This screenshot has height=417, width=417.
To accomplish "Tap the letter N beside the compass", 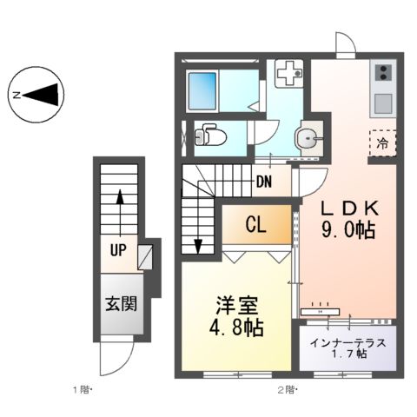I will pos(16,93).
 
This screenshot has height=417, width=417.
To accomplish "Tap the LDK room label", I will pos(347,209).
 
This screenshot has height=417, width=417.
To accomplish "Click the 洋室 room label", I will pos(235,308).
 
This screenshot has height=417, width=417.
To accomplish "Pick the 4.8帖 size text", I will pos(235,330).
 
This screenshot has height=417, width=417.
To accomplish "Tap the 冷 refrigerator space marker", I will pos(381,144).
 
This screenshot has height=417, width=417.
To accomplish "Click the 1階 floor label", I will pos(81,389).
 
